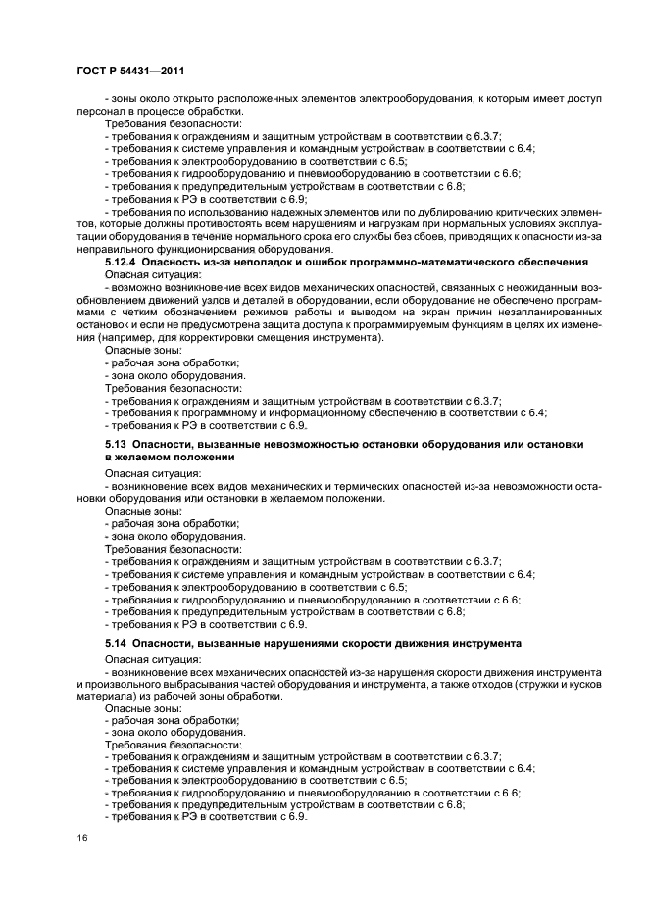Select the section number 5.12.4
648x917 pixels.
point(125,263)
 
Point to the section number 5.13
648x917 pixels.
point(117,445)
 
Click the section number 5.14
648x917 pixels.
point(117,642)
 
